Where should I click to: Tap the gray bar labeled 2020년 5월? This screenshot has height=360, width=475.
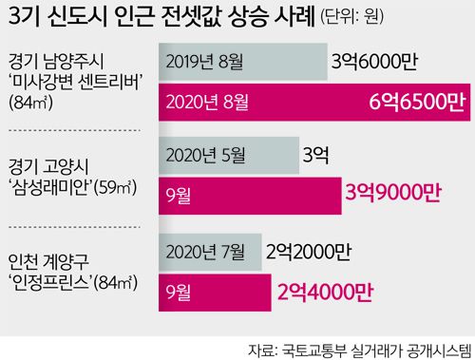click(224, 153)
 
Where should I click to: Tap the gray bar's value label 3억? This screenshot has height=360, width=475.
click(316, 154)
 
